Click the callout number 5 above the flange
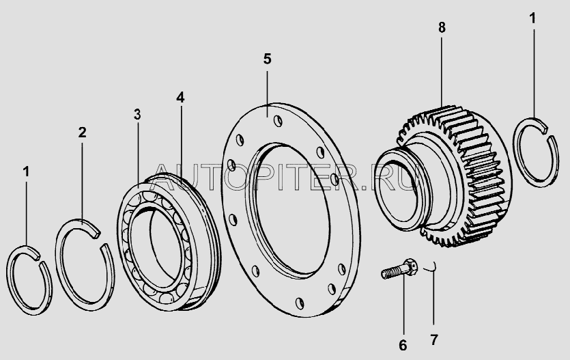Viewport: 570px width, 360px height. click(x=267, y=59)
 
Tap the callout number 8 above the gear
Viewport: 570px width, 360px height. click(x=442, y=27)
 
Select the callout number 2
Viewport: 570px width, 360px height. click(x=82, y=133)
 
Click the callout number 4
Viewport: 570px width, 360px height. click(x=180, y=97)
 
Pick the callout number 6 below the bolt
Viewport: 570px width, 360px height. click(x=403, y=345)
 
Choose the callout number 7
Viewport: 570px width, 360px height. click(x=433, y=340)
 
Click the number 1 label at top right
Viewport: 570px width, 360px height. click(x=532, y=18)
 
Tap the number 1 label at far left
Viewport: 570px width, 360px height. click(x=26, y=171)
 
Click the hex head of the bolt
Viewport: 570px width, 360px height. click(x=410, y=267)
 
